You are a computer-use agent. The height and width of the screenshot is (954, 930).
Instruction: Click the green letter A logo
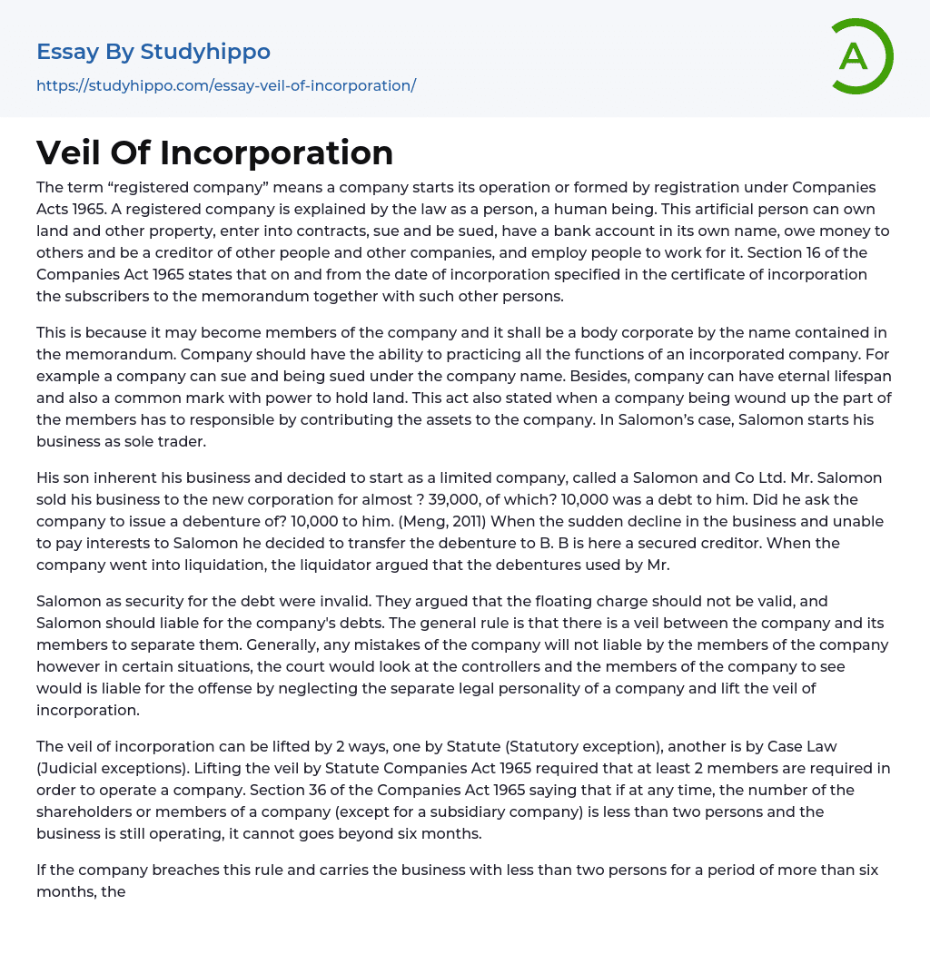pos(861,56)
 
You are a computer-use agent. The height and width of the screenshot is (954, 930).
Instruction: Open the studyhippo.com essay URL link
pos(226,85)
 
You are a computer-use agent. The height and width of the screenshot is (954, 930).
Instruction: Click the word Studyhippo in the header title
pos(205,52)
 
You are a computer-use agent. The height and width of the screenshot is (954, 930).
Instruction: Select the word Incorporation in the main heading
pos(277,152)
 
